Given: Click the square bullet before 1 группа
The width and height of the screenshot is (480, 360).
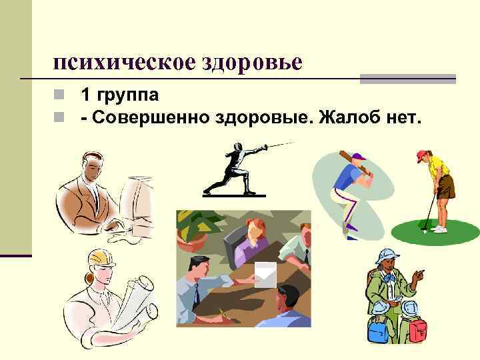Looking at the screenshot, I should tap(60, 96).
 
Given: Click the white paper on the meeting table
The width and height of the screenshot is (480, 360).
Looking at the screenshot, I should tap(265, 273).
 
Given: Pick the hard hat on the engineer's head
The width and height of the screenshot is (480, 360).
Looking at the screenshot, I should tap(98, 257).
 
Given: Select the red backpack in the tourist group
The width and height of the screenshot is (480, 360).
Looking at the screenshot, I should tap(419, 329).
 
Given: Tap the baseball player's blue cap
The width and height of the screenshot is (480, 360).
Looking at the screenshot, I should tap(358, 159).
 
